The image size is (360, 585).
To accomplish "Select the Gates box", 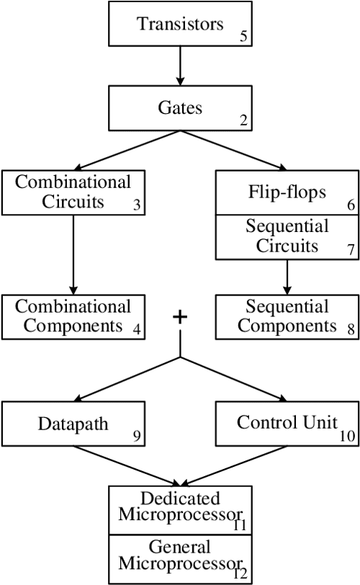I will (179, 108).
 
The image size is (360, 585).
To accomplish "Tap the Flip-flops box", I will (287, 192).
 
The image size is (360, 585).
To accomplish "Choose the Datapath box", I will (73, 424).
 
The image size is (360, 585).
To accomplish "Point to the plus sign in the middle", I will (179, 318).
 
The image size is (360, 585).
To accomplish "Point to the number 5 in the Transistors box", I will (244, 36).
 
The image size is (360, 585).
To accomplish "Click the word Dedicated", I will (180, 499).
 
